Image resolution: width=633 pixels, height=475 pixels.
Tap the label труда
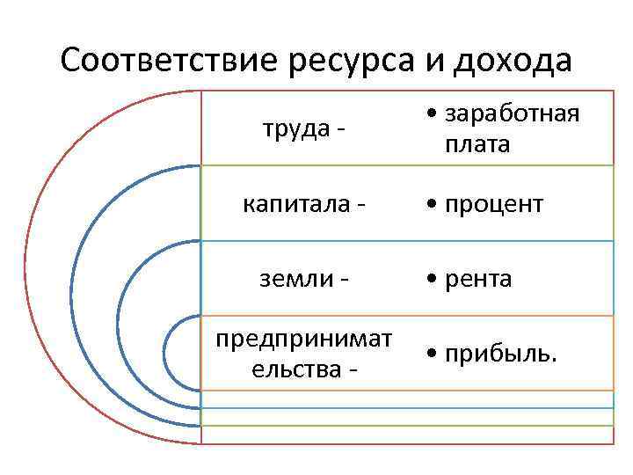(x=297, y=128)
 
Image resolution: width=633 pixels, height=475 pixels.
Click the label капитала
(x=297, y=204)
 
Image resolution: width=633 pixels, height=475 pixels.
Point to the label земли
(x=297, y=279)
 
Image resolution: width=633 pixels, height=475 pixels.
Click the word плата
(x=477, y=144)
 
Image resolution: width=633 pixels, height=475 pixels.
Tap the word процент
(x=493, y=206)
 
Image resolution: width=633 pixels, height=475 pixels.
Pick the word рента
(x=479, y=280)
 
